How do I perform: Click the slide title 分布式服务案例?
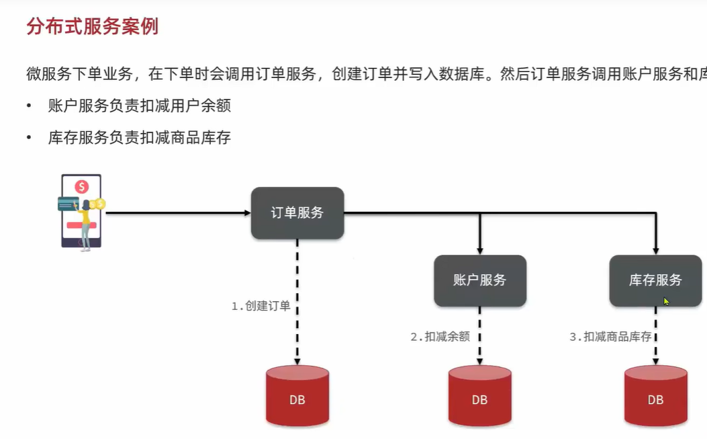[93, 27]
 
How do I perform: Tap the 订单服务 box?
[297, 212]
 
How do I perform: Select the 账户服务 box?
[480, 280]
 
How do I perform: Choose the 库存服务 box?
[655, 280]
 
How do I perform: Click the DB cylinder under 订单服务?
[297, 396]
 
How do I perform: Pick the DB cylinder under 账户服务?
[480, 396]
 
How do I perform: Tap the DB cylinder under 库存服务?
[655, 396]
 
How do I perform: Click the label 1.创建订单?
[261, 306]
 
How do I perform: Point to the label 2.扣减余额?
[440, 336]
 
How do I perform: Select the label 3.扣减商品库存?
[610, 336]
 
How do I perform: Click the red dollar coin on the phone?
[82, 186]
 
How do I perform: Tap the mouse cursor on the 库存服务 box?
[666, 301]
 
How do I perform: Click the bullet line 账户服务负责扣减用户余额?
[140, 106]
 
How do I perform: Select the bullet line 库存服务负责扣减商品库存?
[140, 137]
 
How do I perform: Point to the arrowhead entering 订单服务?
[248, 212]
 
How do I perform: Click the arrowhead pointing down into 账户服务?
[480, 251]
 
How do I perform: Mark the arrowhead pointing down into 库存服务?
[655, 251]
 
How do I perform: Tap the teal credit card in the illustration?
[68, 204]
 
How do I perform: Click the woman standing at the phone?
[85, 225]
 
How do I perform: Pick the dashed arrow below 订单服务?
[297, 302]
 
